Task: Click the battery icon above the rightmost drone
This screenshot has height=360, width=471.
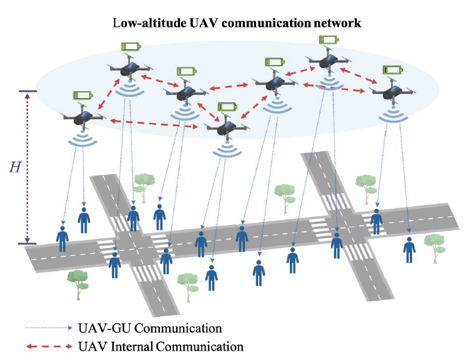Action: [x=392, y=69]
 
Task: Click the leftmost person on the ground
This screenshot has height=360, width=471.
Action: [x=62, y=238]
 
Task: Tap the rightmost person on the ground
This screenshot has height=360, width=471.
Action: [x=409, y=249]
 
